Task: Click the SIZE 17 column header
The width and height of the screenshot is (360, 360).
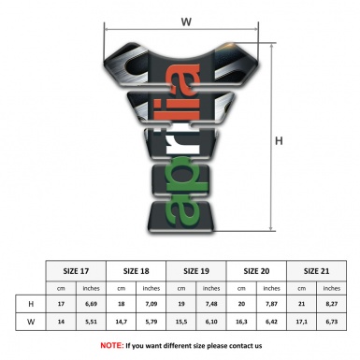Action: [77, 271]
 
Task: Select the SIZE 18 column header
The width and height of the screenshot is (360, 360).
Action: [137, 271]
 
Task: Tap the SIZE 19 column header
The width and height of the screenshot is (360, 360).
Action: [197, 271]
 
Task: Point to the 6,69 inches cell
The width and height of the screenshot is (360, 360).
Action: [92, 304]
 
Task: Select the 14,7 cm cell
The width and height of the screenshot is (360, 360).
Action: [121, 322]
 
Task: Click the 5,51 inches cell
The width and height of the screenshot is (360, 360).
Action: [92, 322]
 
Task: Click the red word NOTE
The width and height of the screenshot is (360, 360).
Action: [112, 345]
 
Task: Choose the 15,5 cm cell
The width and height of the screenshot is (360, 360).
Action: [181, 322]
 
